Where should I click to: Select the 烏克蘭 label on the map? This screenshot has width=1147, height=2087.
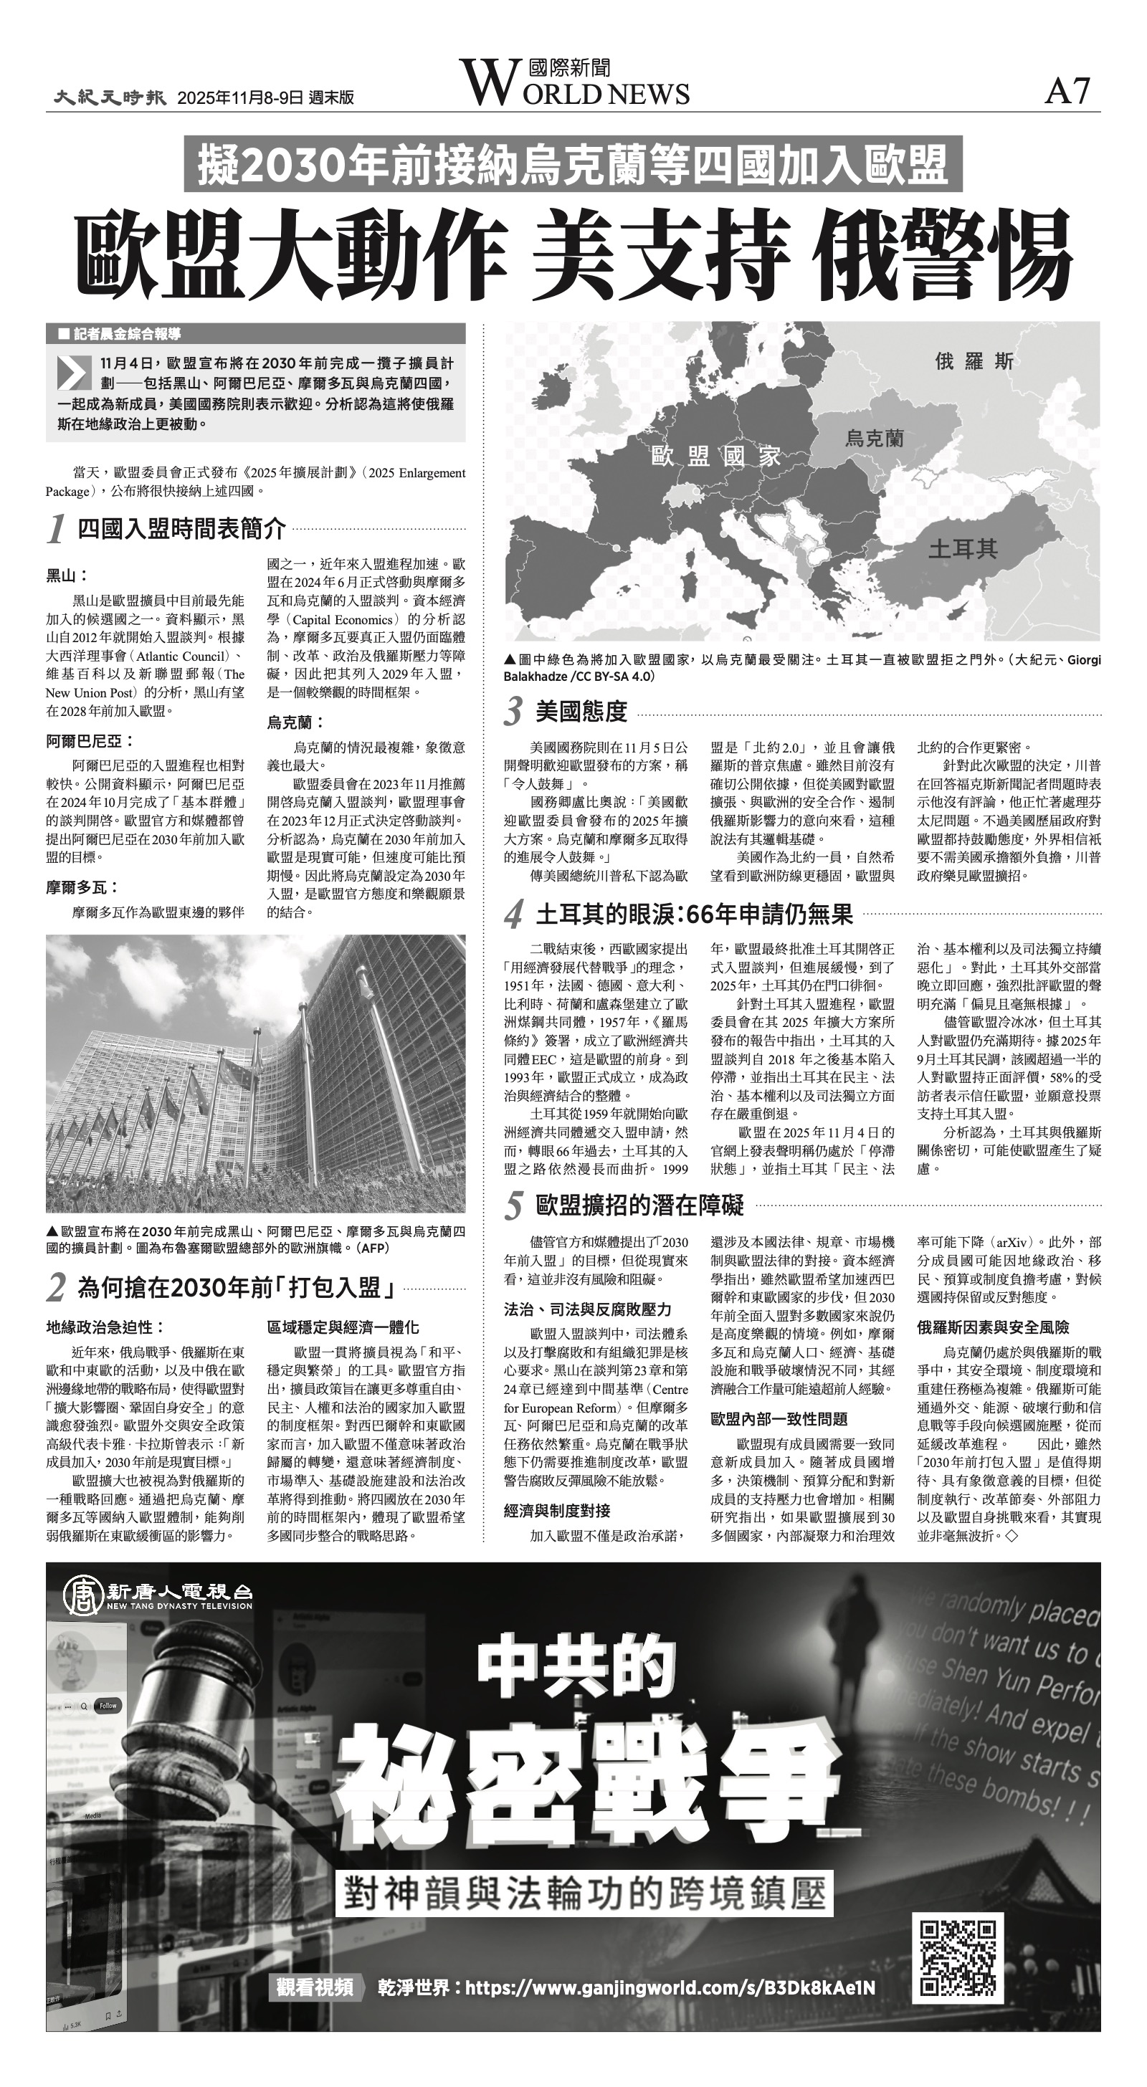[874, 439]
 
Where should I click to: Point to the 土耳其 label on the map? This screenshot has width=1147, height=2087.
[962, 549]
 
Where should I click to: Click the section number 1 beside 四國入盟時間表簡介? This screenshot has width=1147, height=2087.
[56, 530]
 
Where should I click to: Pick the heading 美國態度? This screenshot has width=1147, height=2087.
[581, 712]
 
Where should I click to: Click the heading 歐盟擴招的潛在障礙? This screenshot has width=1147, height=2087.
[639, 1205]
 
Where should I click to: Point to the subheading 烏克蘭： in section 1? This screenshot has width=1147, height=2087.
[296, 722]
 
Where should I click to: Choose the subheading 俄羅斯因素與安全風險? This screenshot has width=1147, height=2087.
[993, 1327]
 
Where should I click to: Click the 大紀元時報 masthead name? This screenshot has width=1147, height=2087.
[110, 97]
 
